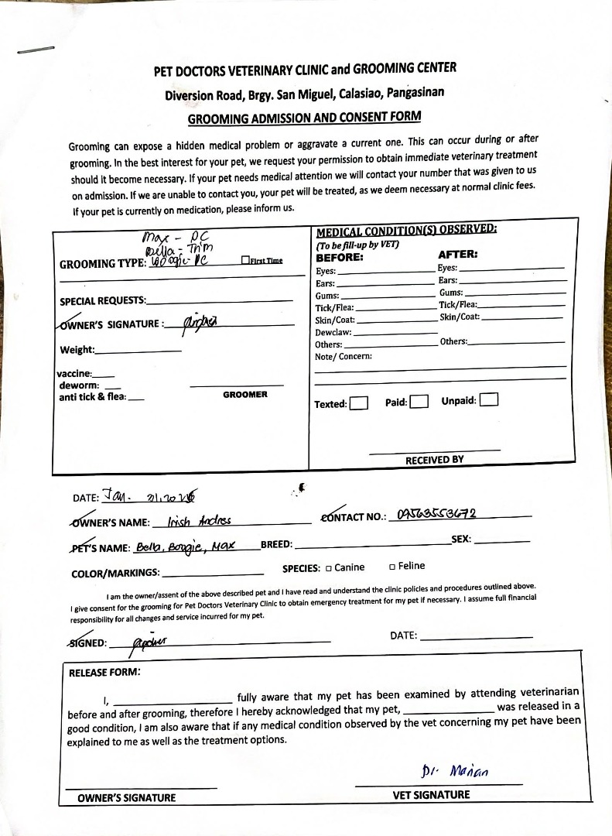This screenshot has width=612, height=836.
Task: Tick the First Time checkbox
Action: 245,261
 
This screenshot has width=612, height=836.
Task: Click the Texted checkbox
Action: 358,403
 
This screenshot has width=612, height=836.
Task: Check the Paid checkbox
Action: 419,401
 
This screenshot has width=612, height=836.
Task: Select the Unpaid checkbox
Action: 488,399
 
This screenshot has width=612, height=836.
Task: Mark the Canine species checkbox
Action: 328,568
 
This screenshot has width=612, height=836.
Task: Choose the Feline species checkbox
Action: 392,567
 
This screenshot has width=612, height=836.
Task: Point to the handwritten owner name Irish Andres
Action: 199,521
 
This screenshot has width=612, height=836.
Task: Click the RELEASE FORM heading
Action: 104,672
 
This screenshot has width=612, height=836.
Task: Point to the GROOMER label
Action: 245,395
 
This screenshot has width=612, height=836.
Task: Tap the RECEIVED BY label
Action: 434,460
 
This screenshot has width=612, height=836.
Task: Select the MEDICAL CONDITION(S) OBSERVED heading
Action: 406,230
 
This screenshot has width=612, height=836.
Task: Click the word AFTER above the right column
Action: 457,254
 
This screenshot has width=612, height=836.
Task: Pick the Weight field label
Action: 77,351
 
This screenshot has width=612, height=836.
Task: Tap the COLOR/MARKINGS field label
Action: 115,574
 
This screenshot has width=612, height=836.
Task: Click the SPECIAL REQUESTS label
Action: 103,301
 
